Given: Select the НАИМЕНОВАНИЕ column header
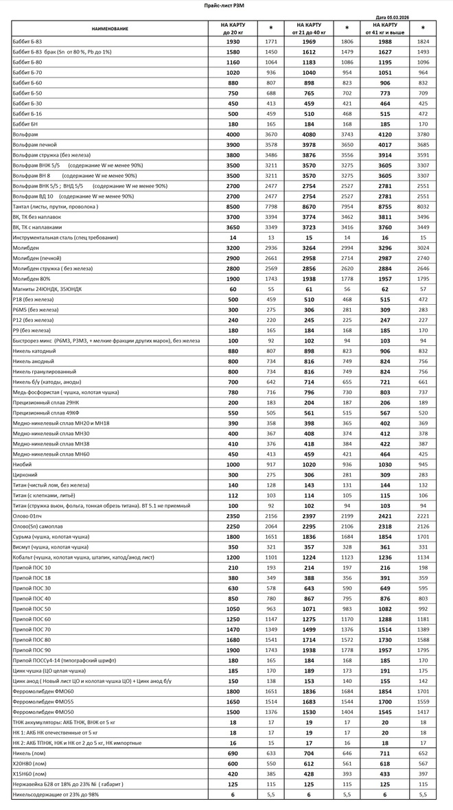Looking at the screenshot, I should click(x=111, y=28).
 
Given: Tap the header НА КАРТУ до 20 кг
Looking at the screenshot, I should click(x=233, y=28).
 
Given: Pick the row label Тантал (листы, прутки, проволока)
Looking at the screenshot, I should click(x=56, y=207).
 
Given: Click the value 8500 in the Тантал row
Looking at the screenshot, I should click(x=233, y=207).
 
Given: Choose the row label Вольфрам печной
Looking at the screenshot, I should click(x=34, y=144).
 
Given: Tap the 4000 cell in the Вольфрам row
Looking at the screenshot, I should click(x=233, y=134).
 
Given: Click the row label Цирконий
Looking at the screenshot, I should click(x=25, y=475).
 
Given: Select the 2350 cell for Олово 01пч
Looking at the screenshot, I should click(x=233, y=516).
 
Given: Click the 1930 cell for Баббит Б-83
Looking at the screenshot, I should click(x=233, y=42).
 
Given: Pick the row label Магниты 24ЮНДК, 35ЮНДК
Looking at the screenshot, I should click(x=47, y=289).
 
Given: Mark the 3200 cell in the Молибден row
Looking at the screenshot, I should click(x=233, y=248).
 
